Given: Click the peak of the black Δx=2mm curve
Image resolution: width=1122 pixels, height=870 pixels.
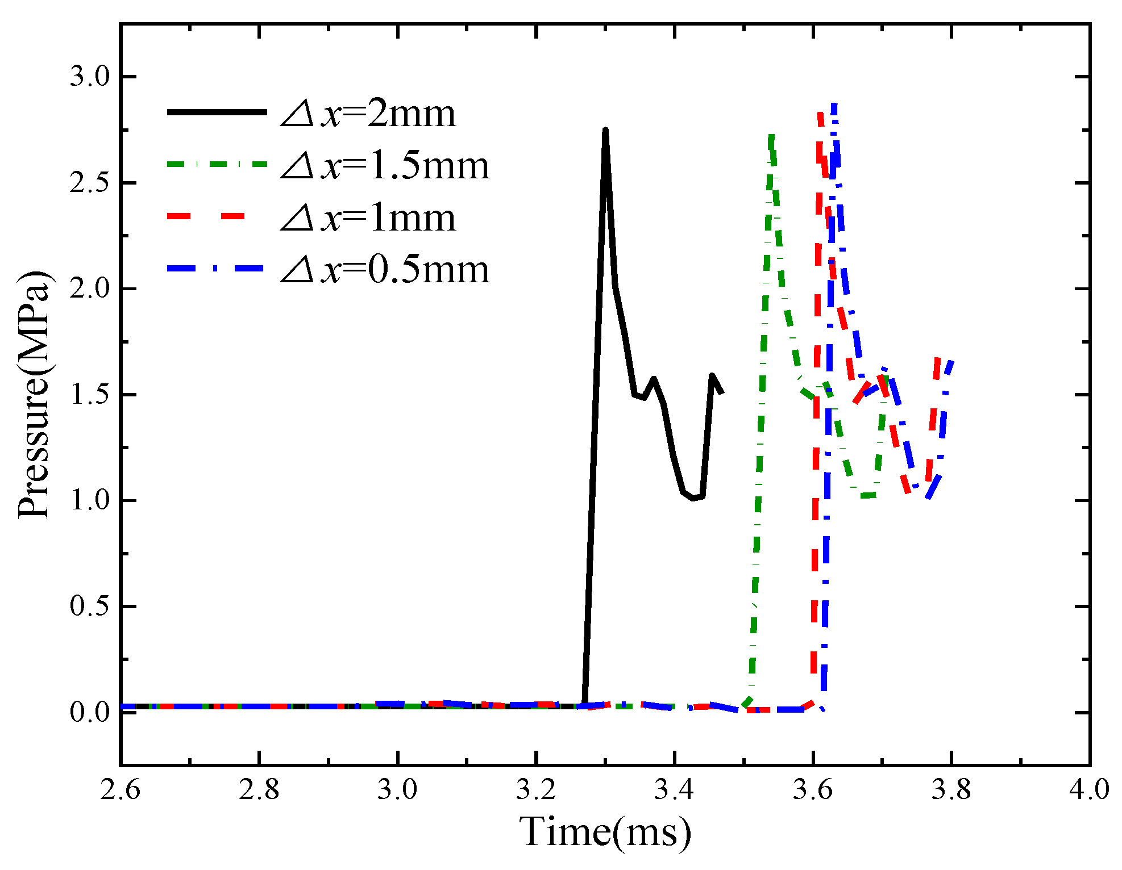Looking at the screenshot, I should point(605,131).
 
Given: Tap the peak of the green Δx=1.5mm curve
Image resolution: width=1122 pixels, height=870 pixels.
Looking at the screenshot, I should point(771,136).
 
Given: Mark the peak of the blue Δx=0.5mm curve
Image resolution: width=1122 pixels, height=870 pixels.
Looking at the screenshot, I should point(834,104).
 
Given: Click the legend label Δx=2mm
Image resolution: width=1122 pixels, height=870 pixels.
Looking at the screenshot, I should point(368,114).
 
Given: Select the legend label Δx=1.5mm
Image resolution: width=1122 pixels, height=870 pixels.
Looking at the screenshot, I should point(385,166).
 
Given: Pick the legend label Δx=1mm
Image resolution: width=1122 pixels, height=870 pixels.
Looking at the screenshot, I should point(368,218).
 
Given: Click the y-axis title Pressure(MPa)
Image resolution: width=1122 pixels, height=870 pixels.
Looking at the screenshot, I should point(34,395).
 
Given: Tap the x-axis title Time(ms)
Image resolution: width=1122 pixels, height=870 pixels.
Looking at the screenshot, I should point(605,831).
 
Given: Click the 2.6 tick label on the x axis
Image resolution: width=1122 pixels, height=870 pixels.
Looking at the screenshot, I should point(120,789).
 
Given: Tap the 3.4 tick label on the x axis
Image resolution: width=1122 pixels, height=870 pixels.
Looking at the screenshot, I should point(675,789).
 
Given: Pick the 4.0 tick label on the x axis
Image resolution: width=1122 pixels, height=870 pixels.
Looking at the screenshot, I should point(1089,789).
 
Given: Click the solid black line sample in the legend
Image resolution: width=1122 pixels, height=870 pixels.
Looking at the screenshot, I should point(217,112).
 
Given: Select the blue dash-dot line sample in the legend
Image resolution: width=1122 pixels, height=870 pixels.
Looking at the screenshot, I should point(217,268).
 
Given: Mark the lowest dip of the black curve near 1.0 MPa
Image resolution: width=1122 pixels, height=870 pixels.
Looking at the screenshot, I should point(693,499).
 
